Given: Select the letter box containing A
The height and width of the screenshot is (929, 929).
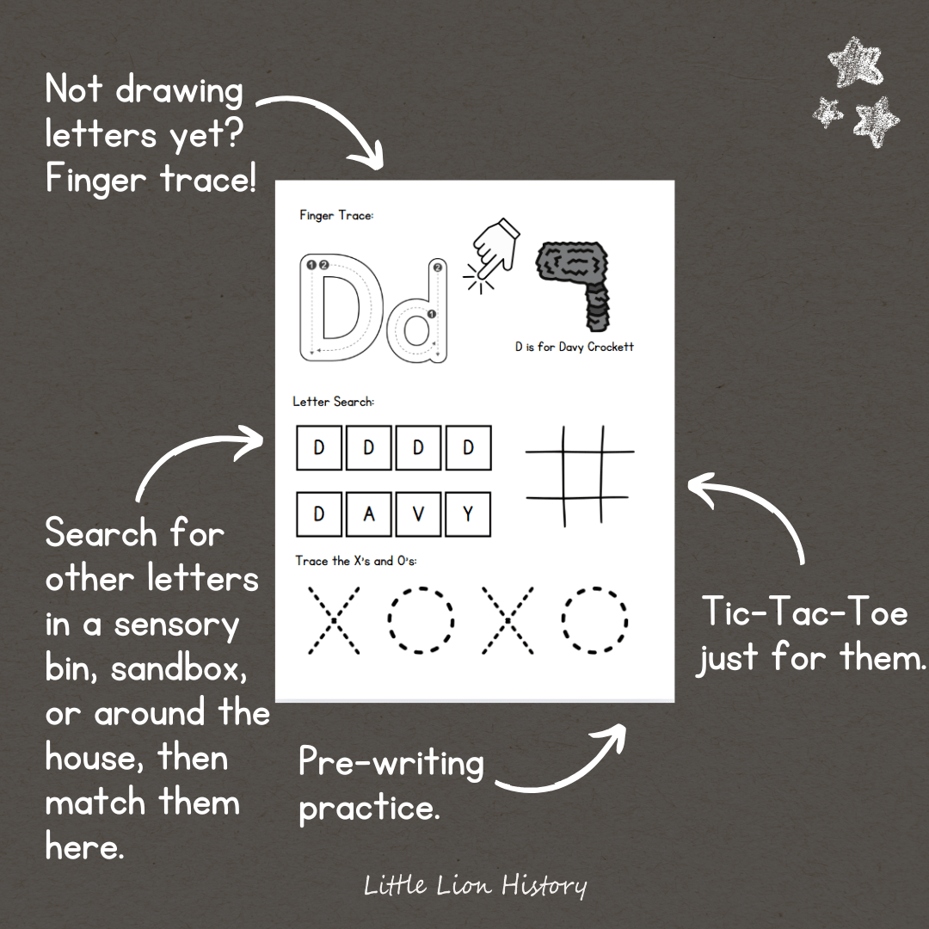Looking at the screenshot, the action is [x=368, y=514].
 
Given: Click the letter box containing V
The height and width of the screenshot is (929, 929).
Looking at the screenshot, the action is [x=418, y=514].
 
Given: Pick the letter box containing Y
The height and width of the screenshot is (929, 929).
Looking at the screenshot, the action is [x=468, y=514].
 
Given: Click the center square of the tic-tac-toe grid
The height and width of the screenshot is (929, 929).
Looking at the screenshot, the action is [x=583, y=475].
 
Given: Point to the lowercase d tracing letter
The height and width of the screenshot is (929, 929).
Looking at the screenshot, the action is [x=417, y=311].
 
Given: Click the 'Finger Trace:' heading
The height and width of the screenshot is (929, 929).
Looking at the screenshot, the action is [x=336, y=215].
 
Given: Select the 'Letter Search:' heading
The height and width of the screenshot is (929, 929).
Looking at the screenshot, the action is [x=334, y=402].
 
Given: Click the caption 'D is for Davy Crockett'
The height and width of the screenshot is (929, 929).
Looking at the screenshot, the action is [x=574, y=347].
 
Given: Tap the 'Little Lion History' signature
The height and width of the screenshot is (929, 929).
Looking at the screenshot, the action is [x=475, y=886].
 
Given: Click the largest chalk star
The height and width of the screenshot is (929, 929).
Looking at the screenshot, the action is [x=856, y=62].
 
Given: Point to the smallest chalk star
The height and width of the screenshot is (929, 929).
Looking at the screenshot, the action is [x=827, y=112].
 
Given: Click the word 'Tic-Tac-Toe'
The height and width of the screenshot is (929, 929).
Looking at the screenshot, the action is [x=805, y=612].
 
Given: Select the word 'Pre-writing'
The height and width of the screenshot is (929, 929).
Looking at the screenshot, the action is [x=391, y=763].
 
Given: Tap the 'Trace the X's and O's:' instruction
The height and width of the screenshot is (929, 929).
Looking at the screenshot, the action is [x=356, y=561].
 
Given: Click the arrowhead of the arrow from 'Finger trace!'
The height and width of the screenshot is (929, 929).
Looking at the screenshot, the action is [x=368, y=157].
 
